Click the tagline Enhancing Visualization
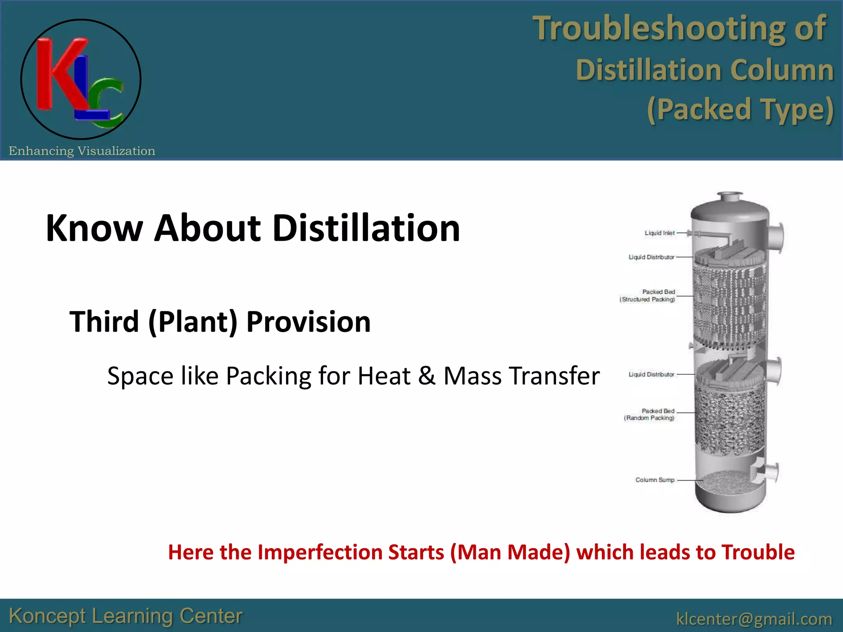click(82, 151)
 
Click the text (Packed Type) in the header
click(740, 109)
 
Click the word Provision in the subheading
click(308, 321)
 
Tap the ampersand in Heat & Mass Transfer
click(427, 376)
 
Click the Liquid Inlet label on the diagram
click(659, 233)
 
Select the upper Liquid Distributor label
click(651, 257)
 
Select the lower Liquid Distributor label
click(651, 374)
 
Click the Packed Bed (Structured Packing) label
click(648, 296)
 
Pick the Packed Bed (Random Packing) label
click(650, 414)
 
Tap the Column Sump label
click(654, 480)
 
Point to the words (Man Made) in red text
click(510, 552)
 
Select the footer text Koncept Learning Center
click(126, 616)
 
